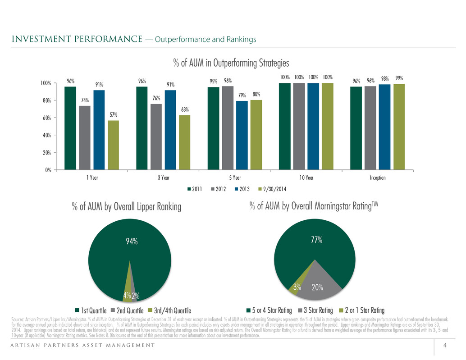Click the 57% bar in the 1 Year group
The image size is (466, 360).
tap(113, 145)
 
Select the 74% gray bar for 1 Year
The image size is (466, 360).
tap(85, 137)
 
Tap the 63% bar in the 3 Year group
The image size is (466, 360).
tap(185, 142)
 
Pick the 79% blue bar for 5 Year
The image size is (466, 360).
tap(242, 135)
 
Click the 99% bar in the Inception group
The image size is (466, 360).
tap(399, 127)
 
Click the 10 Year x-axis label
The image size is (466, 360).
tap(306, 178)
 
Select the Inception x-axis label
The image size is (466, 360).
tap(377, 178)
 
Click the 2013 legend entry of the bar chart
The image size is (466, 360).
tap(242, 189)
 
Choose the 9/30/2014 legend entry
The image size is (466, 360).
tap(272, 189)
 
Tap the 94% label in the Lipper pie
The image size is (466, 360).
tap(132, 242)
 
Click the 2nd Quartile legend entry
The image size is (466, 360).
tap(127, 311)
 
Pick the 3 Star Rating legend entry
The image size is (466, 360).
tap(315, 310)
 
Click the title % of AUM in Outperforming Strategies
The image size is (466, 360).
tap(231, 63)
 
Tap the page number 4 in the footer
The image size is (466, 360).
tap(445, 345)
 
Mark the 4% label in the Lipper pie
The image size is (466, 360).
tap(127, 295)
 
